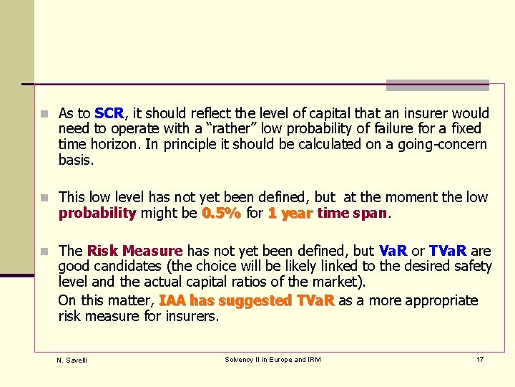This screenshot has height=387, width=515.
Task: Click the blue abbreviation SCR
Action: pos(109,113)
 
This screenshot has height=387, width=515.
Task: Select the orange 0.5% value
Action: pos(221,213)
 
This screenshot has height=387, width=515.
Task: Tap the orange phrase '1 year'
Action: pos(290,213)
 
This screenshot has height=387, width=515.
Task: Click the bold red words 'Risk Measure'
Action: pos(134,251)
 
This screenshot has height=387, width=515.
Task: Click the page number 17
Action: pos(480,359)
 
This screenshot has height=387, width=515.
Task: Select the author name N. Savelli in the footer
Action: pos(72,360)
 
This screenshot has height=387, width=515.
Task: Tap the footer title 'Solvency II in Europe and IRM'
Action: pos(273,359)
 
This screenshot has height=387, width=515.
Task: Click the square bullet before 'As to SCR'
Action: pos(45,114)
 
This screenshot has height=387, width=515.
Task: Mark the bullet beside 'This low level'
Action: pos(45,198)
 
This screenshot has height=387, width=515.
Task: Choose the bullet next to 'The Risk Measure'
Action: pos(45,252)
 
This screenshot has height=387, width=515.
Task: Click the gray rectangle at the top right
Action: pos(437,85)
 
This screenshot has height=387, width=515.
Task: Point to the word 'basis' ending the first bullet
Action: pos(75,161)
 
